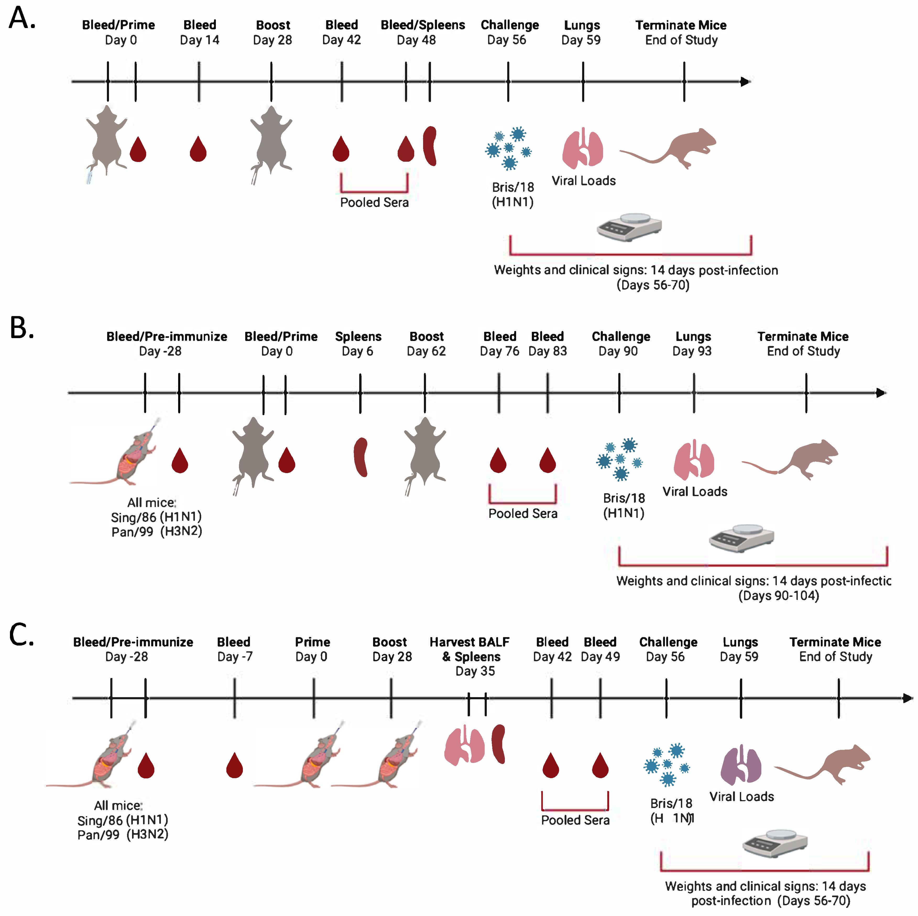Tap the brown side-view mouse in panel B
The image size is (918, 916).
coord(798,460)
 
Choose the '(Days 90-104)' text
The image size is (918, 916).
coord(778,596)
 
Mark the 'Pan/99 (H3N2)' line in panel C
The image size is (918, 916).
coord(123,835)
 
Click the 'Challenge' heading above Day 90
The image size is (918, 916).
coord(621,337)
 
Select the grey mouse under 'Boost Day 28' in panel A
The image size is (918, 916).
coord(271,141)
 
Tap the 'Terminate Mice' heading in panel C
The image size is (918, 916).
coord(835,642)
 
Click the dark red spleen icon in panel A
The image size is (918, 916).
coord(430,146)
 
